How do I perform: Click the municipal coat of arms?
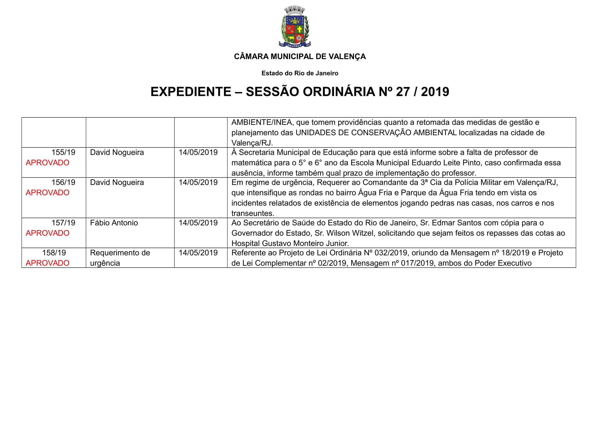[295, 27]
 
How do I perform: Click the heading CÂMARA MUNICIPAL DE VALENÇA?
[300, 56]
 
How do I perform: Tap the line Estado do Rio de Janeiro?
[300, 73]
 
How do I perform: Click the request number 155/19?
[63, 152]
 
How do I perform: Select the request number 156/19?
[63, 182]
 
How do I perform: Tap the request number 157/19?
[63, 223]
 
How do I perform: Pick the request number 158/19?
[54, 253]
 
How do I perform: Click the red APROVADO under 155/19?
[47, 163]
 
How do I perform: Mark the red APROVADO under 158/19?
[47, 263]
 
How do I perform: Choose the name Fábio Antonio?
[114, 223]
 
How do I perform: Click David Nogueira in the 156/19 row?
[117, 182]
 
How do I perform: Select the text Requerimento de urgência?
[120, 258]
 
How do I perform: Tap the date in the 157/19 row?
[198, 223]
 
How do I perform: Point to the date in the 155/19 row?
[198, 152]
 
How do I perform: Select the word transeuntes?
[252, 213]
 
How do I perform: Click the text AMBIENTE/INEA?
[262, 122]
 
